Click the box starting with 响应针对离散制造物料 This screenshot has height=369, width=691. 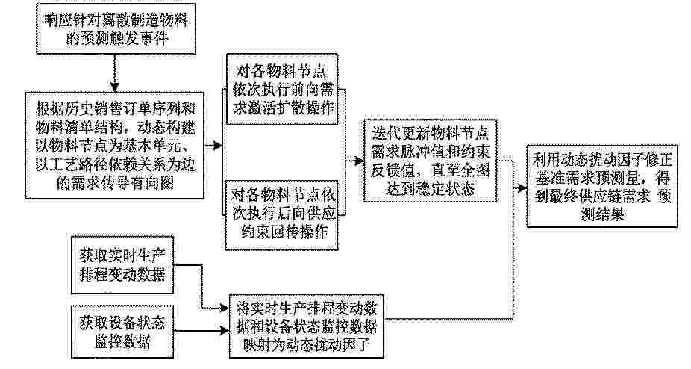[x=116, y=29]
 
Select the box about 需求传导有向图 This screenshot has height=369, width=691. [x=115, y=145]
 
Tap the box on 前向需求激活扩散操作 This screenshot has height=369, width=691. [x=282, y=89]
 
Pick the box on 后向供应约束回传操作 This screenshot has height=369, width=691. [x=282, y=215]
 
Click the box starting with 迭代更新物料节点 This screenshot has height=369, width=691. [x=430, y=161]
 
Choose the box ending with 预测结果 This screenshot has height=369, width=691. [x=602, y=186]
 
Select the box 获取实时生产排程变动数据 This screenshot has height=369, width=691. [x=122, y=265]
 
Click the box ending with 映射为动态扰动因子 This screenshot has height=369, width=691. [x=307, y=326]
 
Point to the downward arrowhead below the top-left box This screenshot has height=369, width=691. [x=115, y=87]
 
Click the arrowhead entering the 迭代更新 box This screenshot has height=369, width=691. [x=359, y=161]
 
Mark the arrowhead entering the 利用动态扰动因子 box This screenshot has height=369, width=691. [x=522, y=188]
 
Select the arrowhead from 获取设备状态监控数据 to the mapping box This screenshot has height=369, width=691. [x=225, y=330]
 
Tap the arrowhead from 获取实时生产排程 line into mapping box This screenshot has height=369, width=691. [x=225, y=308]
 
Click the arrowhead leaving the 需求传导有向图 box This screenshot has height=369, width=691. [x=218, y=145]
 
